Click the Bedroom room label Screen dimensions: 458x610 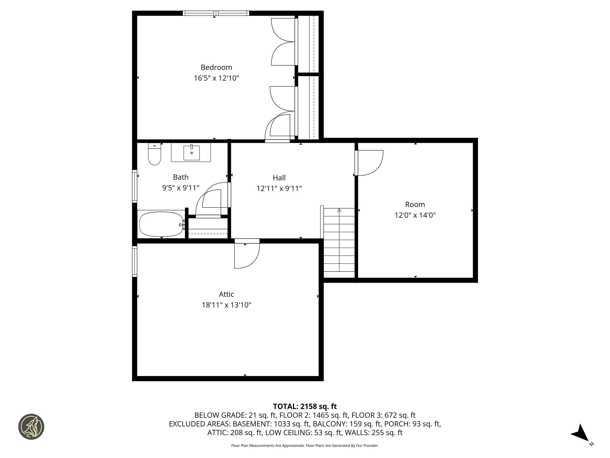pos(216,67)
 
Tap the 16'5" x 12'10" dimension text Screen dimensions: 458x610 pos(216,78)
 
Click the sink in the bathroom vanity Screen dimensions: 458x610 pos(191,153)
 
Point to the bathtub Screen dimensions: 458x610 pos(161,224)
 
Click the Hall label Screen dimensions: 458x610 pos(279,178)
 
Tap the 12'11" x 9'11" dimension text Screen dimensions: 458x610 pos(279,189)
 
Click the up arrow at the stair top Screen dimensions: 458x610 pos(339,210)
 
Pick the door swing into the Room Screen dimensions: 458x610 pos(370,163)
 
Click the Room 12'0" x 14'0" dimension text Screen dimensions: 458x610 pos(415,215)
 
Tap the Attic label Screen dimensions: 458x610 pos(226,294)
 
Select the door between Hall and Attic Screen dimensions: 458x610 pos(247,254)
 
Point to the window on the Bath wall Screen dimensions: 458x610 pos(135,186)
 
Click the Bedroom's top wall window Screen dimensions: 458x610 pos(216,13)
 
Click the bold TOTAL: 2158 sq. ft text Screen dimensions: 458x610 pos(305,406)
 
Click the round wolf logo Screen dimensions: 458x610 pos(31,427)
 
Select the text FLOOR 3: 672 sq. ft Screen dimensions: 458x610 pos(383,415)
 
